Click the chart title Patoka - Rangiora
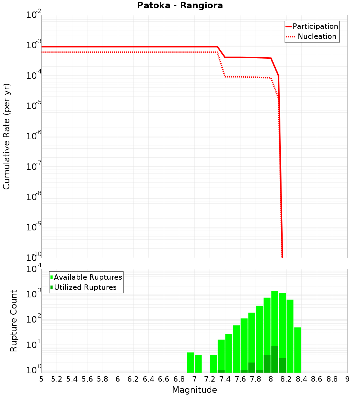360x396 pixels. tap(180, 6)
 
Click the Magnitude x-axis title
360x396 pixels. tap(194, 390)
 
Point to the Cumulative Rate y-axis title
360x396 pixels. tap(6, 136)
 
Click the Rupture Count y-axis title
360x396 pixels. tap(14, 321)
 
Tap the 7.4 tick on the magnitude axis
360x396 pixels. tap(225, 379)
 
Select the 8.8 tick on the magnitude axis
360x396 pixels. tap(332, 379)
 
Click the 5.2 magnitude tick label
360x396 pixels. tap(57, 379)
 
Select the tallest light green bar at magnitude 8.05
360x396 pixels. tap(275, 331)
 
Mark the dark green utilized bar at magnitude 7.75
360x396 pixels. tap(252, 368)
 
